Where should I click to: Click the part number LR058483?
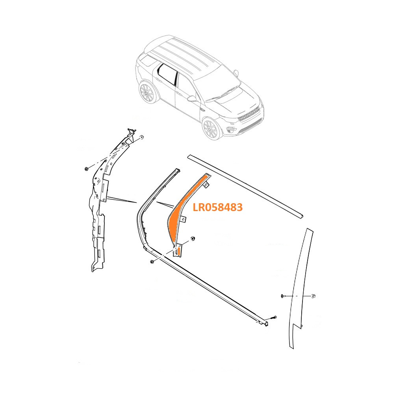pos(217,207)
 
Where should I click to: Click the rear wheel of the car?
pos(147,92)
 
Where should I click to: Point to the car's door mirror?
pos(192,98)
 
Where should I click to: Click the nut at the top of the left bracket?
pos(142,137)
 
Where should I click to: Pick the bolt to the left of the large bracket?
pos(86,169)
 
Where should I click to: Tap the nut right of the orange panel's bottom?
pos(193,239)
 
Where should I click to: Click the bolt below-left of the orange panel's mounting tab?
pos(152,262)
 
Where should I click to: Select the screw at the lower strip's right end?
pos(274,317)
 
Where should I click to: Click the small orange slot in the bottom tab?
pos(179,251)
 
